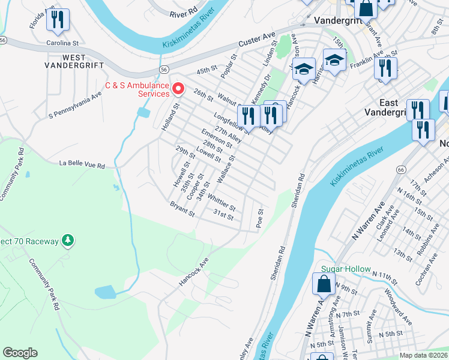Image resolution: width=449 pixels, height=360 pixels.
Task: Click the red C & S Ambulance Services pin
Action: pos(178,89)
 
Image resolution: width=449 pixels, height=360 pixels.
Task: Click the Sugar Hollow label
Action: pos(346,269)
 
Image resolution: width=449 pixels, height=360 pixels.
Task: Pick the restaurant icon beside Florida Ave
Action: pos(58,20)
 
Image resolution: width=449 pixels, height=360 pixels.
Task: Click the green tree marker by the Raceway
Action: pos(68,241)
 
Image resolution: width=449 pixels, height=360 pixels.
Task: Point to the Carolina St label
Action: pos(63,43)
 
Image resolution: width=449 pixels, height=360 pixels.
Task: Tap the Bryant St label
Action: pos(182,209)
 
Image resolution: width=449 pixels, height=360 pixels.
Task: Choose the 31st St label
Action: pos(223,214)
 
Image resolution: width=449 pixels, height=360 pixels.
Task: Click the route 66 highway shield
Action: pos(400,170)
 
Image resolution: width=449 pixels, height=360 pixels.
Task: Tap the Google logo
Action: pos(20,353)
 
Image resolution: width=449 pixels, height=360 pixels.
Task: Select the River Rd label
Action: pos(183,11)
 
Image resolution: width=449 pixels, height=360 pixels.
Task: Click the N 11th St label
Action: pos(385,277)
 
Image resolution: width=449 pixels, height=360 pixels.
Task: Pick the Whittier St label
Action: pos(221,202)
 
